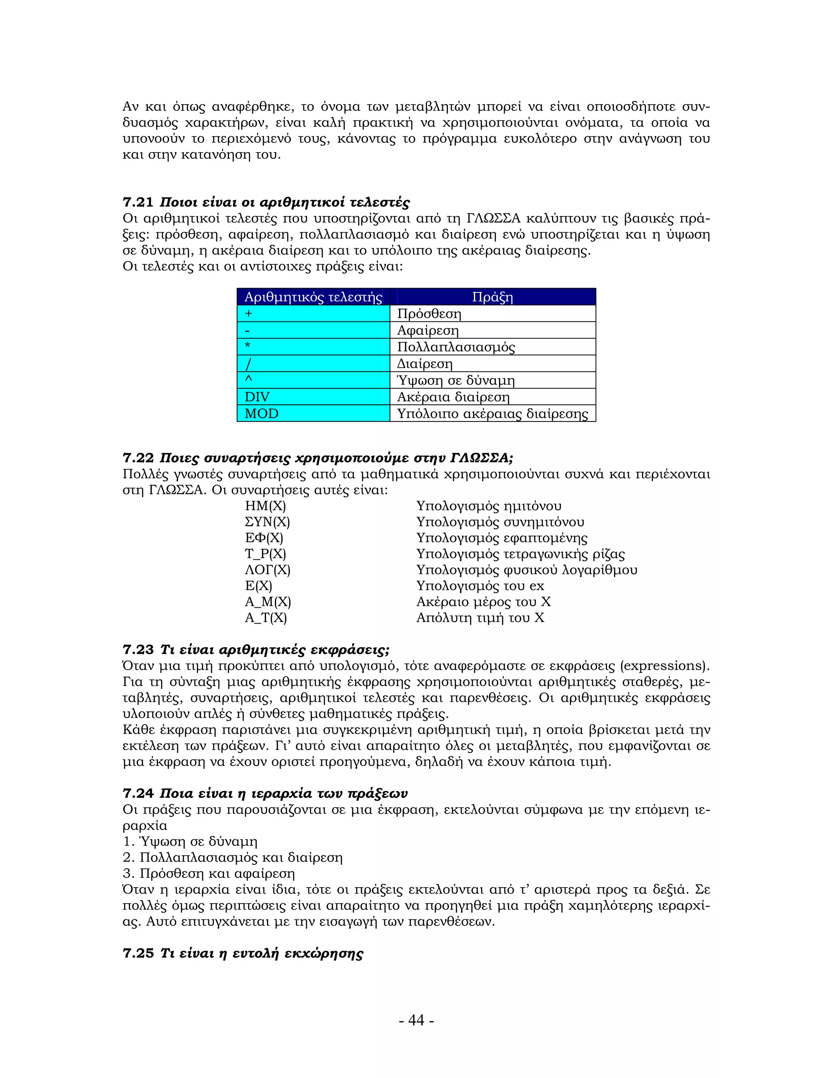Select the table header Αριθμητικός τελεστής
(313, 297)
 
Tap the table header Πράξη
(493, 297)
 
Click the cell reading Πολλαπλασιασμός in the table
(456, 347)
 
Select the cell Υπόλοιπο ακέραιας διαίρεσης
(493, 414)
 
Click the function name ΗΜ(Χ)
(266, 506)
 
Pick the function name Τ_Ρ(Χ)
(266, 554)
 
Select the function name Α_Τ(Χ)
(266, 618)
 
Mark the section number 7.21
(138, 202)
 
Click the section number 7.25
(138, 953)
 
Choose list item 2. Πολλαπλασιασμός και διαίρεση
(233, 858)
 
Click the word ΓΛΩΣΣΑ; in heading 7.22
(481, 458)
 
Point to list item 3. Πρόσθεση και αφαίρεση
(209, 874)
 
